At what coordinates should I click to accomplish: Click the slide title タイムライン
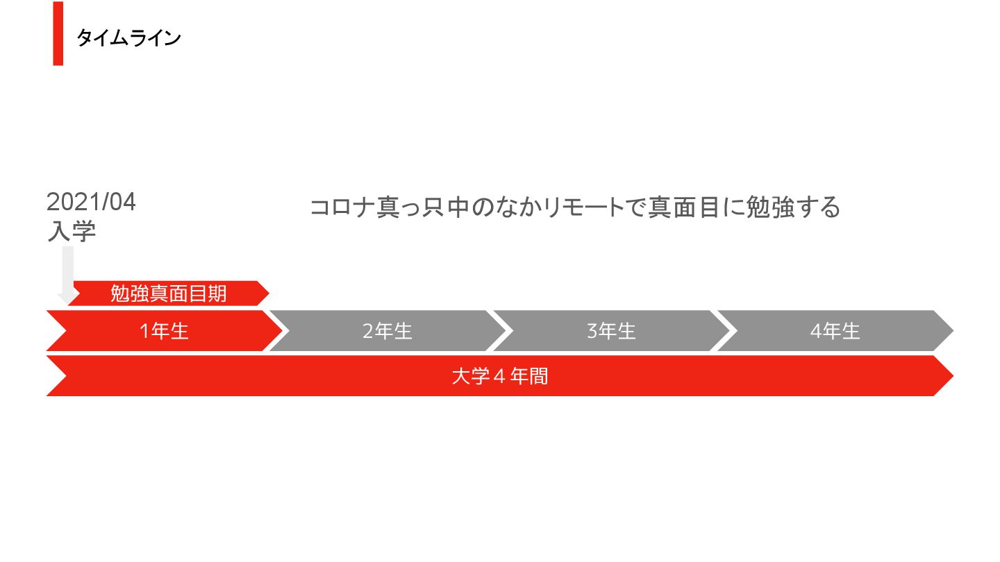128,38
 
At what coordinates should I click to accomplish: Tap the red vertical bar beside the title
58,34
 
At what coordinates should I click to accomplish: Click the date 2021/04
91,203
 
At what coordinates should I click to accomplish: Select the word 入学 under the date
71,231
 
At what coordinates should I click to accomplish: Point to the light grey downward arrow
67,275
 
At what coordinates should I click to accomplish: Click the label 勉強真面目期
169,293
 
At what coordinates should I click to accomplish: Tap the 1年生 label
164,331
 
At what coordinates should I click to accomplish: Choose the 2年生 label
387,331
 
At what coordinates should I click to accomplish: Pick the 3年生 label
611,331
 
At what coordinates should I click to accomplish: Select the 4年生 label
835,331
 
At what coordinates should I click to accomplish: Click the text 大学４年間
499,376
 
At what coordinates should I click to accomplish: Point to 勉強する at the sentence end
792,207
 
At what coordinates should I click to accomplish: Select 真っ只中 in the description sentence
422,207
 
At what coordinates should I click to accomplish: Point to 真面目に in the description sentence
695,207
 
